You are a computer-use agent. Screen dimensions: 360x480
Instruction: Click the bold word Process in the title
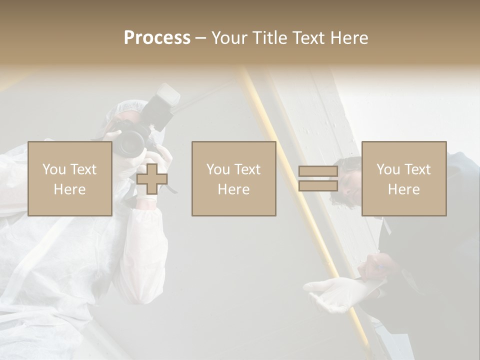click(x=157, y=38)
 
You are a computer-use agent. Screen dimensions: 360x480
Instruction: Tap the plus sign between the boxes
click(x=152, y=179)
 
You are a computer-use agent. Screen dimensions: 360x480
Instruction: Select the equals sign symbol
click(x=318, y=179)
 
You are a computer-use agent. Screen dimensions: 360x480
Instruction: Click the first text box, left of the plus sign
click(x=69, y=178)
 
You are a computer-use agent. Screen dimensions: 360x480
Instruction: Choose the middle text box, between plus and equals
click(x=233, y=178)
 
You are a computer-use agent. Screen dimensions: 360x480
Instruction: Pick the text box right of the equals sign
click(x=403, y=178)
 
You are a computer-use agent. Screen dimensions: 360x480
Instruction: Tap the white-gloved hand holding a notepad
click(x=330, y=292)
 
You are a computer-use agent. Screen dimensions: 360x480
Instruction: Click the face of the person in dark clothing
click(x=350, y=182)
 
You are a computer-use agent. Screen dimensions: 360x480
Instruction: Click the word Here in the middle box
click(x=233, y=189)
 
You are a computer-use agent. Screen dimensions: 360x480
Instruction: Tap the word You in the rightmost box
click(x=388, y=169)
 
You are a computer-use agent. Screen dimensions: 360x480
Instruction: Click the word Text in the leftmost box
click(x=83, y=169)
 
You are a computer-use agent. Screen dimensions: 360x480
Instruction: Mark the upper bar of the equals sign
click(x=318, y=171)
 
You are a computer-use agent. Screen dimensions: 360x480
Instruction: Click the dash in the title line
click(x=201, y=38)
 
